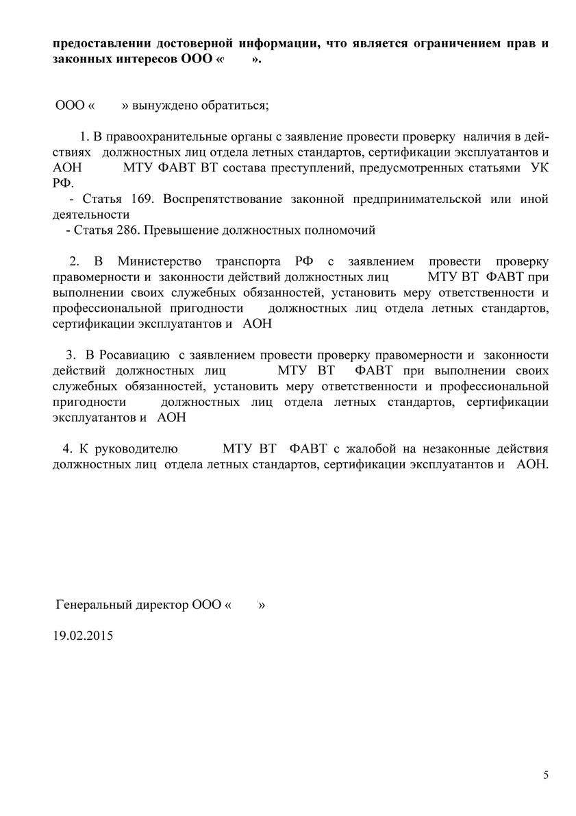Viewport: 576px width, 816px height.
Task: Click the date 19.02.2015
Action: (x=83, y=635)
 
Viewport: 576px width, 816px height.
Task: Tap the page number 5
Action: (x=546, y=775)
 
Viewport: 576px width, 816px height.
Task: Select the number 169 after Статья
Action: (x=141, y=200)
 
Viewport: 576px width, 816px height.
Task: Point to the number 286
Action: (x=128, y=230)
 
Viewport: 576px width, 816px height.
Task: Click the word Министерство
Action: (x=162, y=261)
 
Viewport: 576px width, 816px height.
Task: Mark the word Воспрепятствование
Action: (x=223, y=200)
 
